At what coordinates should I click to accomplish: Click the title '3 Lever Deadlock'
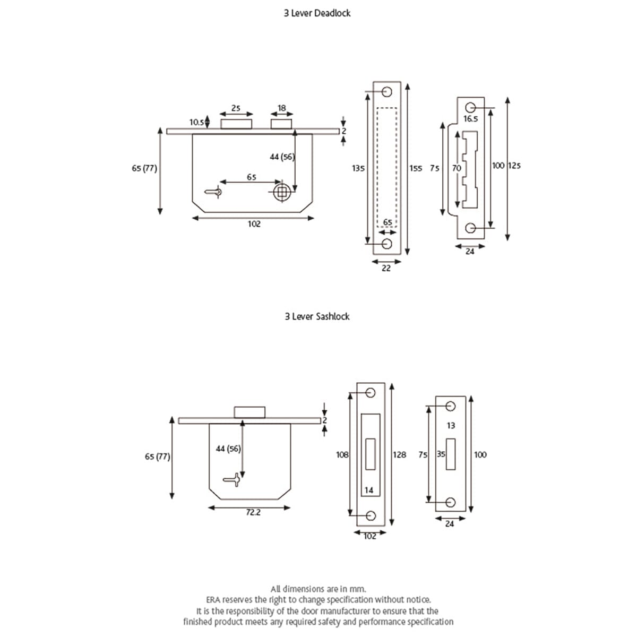click(x=317, y=13)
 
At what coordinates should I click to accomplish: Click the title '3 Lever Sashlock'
click(x=317, y=316)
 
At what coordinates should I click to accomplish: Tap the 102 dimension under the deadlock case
click(x=254, y=224)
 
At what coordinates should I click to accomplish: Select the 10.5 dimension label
click(x=197, y=123)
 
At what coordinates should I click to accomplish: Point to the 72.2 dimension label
click(x=253, y=513)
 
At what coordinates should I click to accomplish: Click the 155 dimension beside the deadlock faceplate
click(x=416, y=168)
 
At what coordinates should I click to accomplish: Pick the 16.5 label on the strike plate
click(x=471, y=119)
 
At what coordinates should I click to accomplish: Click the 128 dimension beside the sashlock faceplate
click(x=399, y=454)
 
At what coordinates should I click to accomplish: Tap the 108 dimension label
click(x=342, y=454)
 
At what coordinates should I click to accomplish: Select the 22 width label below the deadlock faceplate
click(x=386, y=268)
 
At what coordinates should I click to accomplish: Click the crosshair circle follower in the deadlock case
click(x=282, y=192)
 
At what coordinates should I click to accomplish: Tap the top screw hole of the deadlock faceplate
click(x=386, y=91)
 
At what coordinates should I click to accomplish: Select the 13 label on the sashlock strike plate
click(x=451, y=425)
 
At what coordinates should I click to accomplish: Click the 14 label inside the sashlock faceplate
click(x=369, y=490)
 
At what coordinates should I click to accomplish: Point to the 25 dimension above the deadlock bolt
click(x=236, y=108)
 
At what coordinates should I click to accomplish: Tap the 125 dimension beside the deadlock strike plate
click(x=514, y=166)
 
